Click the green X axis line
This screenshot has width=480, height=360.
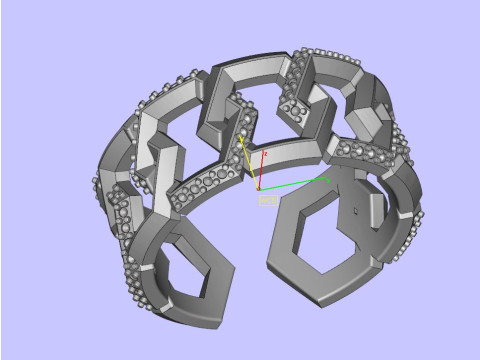(295, 183)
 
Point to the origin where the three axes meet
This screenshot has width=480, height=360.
(259, 188)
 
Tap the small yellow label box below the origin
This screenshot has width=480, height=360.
(267, 200)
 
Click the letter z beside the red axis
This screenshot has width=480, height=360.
(265, 155)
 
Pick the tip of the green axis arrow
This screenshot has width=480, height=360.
(330, 178)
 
